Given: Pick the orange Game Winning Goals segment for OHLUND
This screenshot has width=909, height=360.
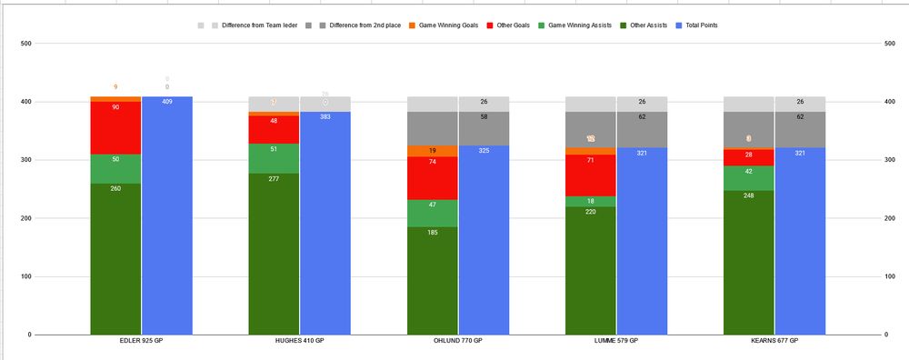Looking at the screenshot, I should coord(433,151).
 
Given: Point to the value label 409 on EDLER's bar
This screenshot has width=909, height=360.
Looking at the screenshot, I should coord(167,102).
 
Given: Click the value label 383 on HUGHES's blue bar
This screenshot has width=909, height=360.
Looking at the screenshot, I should coord(325,117).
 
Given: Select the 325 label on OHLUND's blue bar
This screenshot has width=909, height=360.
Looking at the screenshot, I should coord(484,151).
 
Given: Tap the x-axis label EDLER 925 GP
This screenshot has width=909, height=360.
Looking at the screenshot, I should coord(141,340).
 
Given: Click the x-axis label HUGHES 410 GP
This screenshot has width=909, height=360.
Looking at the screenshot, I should coord(299,340).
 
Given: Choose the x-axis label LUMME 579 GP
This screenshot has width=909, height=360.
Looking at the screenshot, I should coord(616,340).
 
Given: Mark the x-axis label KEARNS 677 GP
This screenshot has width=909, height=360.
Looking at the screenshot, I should coord(774,340).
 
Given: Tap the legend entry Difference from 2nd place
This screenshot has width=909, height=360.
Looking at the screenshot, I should coord(348,25).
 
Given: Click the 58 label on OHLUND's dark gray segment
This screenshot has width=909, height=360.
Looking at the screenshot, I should coord(484,117).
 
